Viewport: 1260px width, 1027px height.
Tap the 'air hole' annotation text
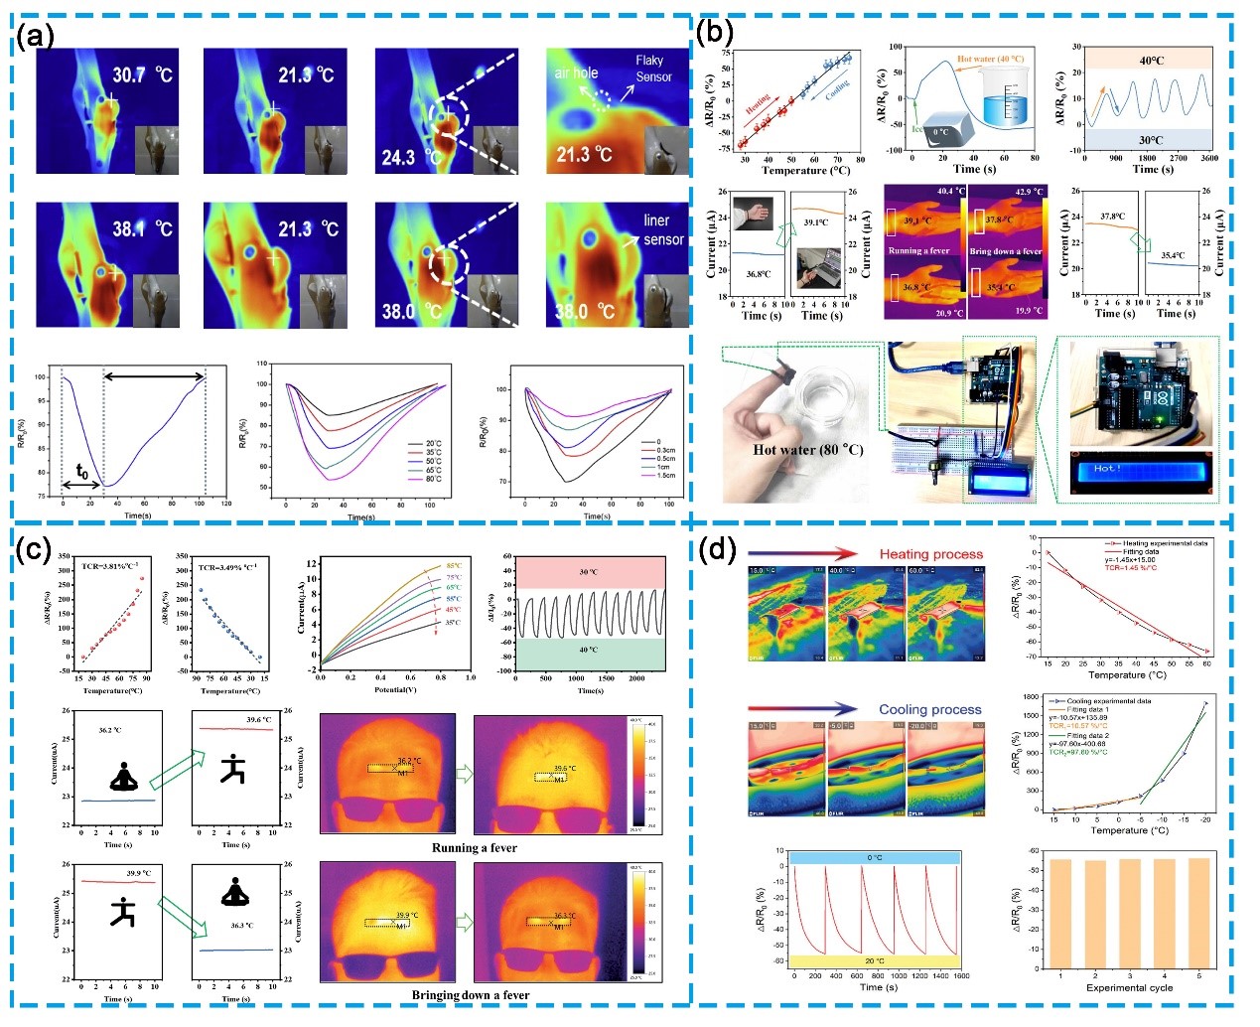coord(577,73)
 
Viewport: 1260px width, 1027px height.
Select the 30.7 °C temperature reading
coord(142,75)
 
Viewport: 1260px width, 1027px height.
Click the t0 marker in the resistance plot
coord(81,474)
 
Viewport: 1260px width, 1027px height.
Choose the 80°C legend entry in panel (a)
coord(433,480)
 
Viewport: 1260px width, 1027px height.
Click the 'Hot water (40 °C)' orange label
coord(990,60)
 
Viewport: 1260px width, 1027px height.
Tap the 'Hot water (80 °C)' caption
coord(807,450)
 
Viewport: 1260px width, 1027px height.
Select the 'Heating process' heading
coord(930,554)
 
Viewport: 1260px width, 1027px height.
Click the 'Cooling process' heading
coord(929,710)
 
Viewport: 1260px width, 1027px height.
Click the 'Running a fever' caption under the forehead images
coord(474,848)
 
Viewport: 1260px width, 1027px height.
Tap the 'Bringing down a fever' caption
coord(471,995)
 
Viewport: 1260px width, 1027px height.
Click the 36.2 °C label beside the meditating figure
coord(110,730)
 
